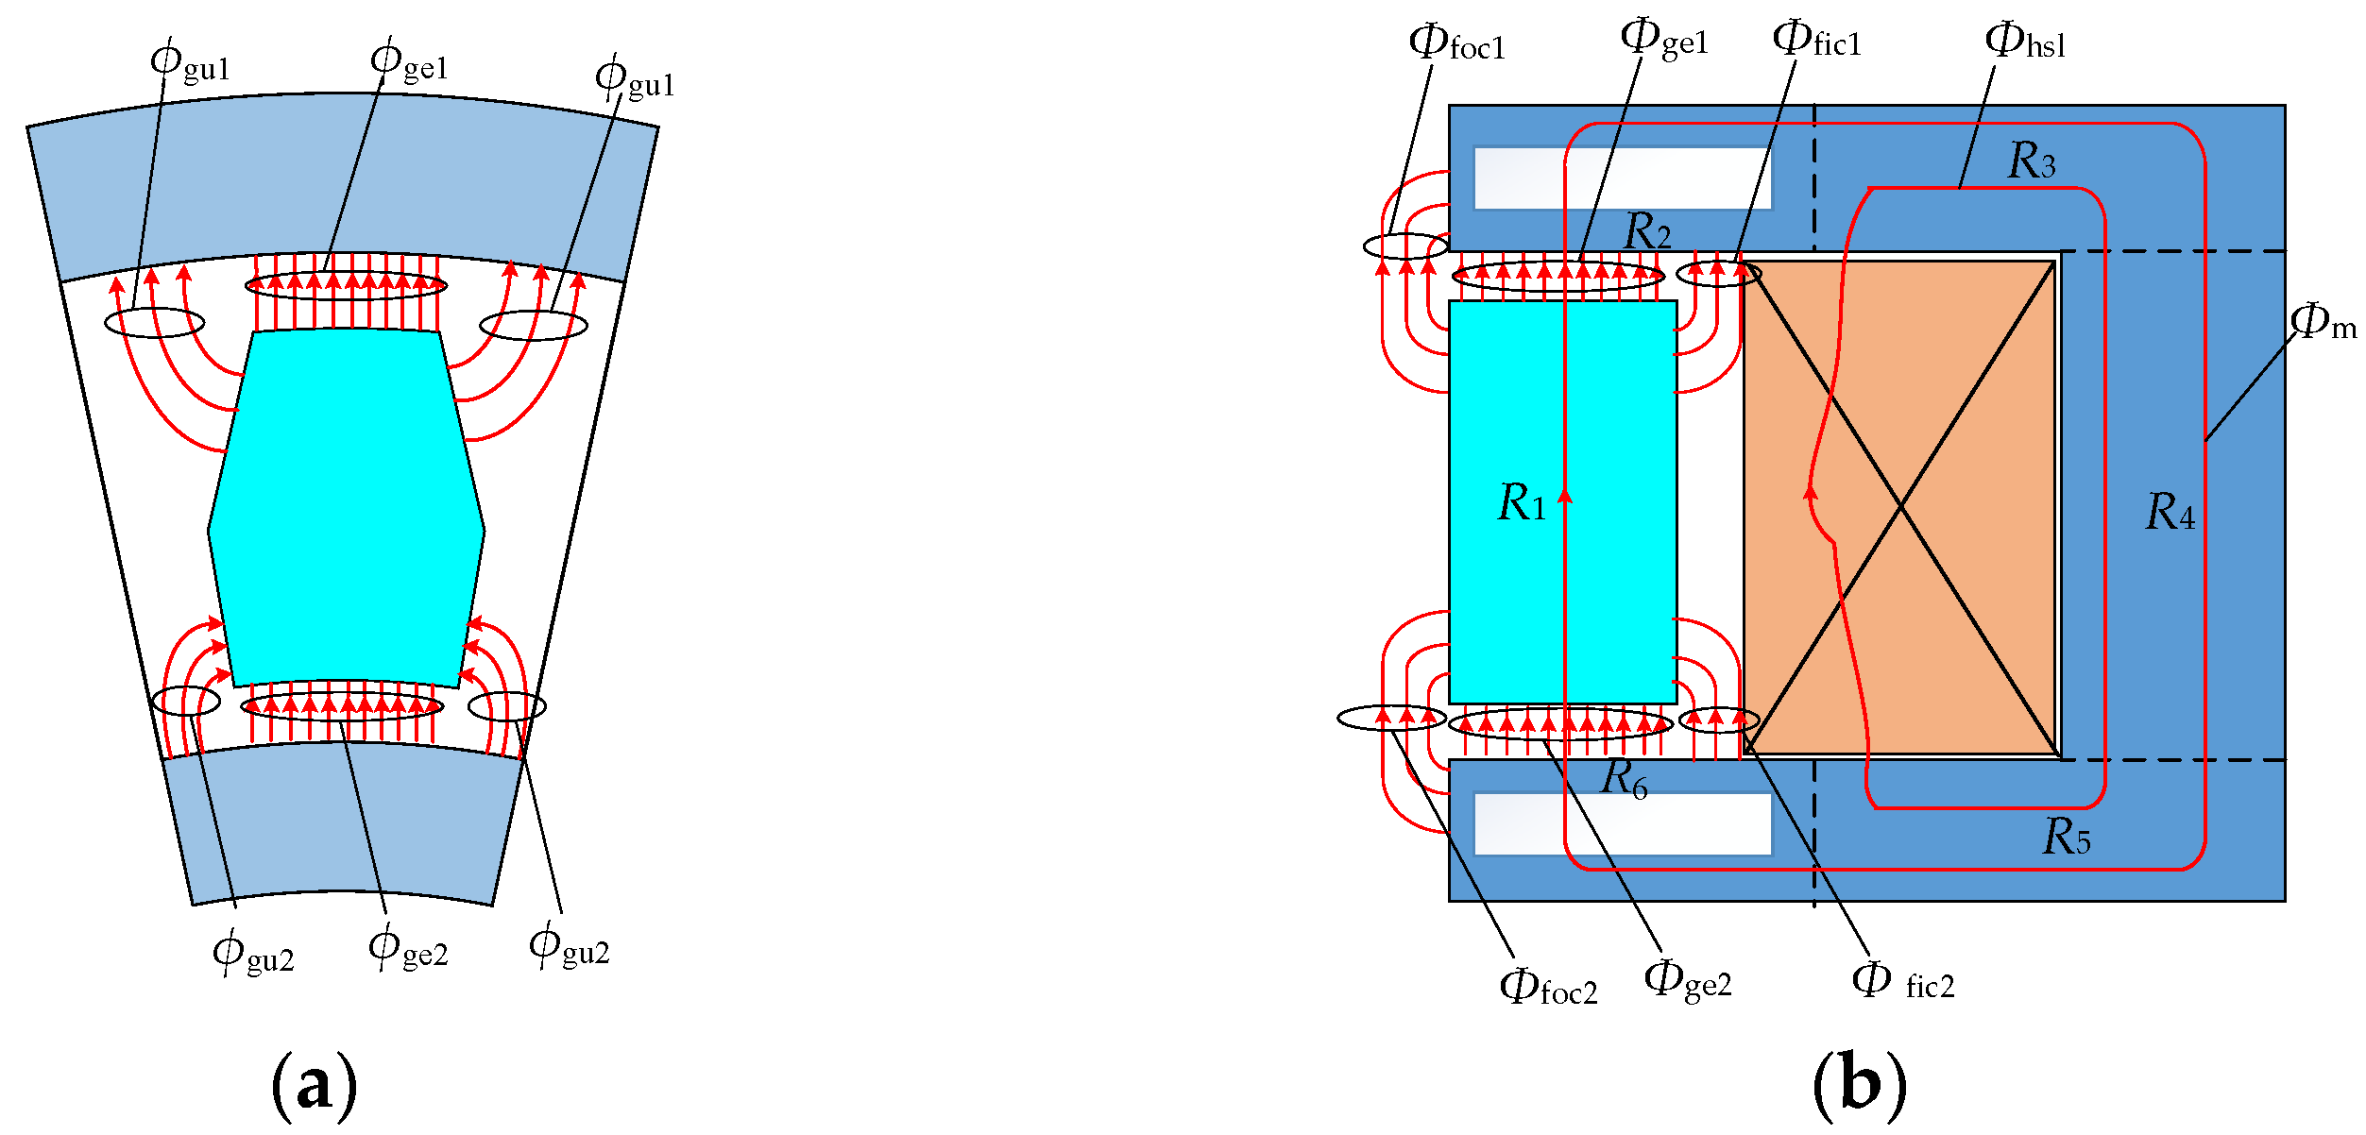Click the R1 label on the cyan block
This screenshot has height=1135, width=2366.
[x=1522, y=501]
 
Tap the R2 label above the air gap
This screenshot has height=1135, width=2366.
[x=1647, y=230]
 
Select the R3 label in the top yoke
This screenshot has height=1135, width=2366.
[x=2032, y=160]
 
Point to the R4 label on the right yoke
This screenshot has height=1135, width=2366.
[x=2170, y=512]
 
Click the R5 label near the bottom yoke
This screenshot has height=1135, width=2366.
[x=2067, y=836]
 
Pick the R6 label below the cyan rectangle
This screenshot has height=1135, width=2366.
[x=1626, y=779]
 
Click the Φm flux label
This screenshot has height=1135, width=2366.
[x=2323, y=321]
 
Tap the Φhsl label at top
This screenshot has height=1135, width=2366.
[x=2025, y=40]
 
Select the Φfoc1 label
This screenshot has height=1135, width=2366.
[x=1456, y=42]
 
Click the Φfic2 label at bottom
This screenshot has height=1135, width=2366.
[x=1903, y=982]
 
